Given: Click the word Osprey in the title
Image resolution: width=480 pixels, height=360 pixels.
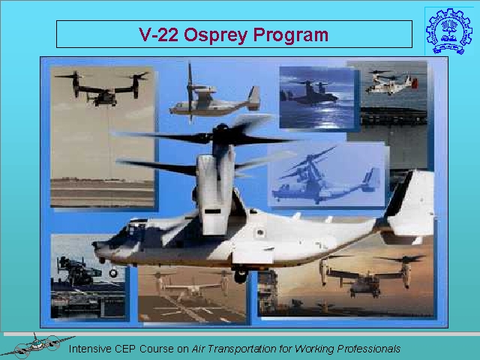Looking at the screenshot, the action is [215, 35].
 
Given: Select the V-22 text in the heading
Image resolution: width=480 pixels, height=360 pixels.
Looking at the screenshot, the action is [158, 34].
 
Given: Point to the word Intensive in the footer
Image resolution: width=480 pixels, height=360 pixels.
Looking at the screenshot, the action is [90, 349].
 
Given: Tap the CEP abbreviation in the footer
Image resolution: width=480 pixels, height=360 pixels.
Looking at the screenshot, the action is [125, 349].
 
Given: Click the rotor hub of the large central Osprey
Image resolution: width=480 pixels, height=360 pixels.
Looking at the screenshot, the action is [222, 135].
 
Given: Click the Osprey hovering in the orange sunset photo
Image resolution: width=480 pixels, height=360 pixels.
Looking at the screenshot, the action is [367, 275].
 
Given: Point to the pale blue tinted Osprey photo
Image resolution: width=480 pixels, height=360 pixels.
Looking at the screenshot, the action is [326, 175].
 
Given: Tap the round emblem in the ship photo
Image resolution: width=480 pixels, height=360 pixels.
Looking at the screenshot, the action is [113, 273].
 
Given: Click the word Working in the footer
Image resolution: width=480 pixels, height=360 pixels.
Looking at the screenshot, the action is [314, 349].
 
